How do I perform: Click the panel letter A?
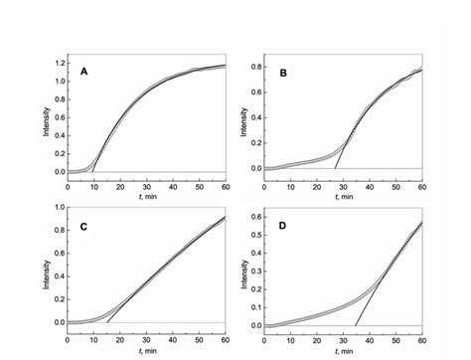tap(84, 73)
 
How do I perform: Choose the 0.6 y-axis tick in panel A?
tap(59, 118)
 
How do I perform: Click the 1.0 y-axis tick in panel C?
tap(59, 208)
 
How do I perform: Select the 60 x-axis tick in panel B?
tap(421, 186)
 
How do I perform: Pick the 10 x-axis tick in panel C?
tap(93, 339)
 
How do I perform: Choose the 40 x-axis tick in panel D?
tap(370, 339)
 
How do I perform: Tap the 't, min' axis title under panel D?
tap(344, 350)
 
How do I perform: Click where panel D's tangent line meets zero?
tap(356, 325)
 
